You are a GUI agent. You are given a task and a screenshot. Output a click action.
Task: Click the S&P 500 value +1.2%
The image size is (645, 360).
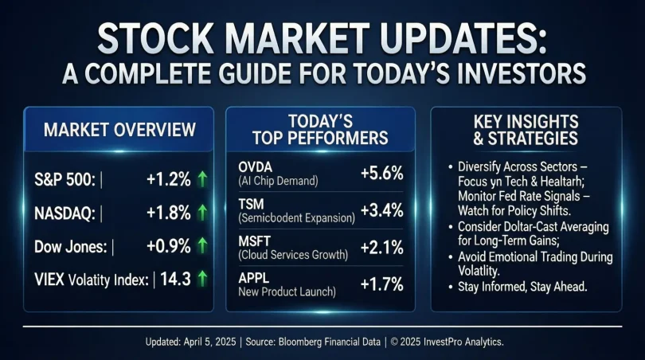click(168, 180)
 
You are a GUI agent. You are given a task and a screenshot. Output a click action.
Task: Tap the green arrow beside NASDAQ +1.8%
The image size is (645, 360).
click(202, 213)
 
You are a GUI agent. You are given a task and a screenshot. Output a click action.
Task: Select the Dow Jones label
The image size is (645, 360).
click(69, 246)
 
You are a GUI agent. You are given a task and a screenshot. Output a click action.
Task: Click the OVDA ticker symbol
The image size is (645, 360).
click(260, 169)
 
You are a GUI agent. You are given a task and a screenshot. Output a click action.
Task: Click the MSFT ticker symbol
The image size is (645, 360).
click(257, 240)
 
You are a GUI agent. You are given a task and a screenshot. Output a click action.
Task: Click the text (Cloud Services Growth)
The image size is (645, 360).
click(294, 256)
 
